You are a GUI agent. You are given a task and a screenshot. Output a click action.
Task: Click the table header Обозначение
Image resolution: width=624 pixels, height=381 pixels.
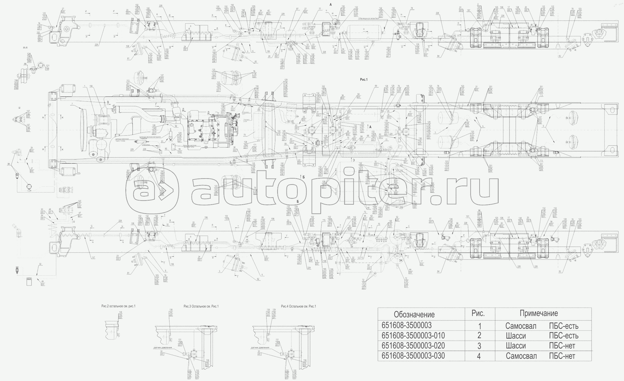coord(414,314)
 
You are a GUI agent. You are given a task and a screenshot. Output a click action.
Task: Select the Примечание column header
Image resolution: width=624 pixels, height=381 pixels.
coord(539,313)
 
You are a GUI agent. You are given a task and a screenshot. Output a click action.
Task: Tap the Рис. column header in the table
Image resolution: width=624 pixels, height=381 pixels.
coord(478,313)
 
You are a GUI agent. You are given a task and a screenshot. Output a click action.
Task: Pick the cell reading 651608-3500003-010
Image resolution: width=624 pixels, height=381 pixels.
coord(413,336)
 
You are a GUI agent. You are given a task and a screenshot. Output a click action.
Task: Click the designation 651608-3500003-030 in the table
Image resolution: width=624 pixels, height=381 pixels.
coord(413,356)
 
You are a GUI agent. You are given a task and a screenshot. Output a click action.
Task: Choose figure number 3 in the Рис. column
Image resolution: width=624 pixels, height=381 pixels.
coord(479,346)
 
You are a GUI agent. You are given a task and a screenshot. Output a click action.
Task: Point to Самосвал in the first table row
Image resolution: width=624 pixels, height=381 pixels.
coord(521,326)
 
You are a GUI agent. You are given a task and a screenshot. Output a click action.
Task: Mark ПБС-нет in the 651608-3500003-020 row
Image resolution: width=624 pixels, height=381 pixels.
coord(562,346)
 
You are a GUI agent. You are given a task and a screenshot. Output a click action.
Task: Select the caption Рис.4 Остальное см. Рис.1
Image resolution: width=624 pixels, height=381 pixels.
coord(298,306)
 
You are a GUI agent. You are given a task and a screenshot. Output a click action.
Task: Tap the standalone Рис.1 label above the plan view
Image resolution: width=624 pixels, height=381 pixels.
coord(364,80)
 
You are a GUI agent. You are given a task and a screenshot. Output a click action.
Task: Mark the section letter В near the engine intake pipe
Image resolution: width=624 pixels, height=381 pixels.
coord(108,102)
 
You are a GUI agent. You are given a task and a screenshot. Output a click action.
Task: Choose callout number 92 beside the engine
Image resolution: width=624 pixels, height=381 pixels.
coord(176,126)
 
